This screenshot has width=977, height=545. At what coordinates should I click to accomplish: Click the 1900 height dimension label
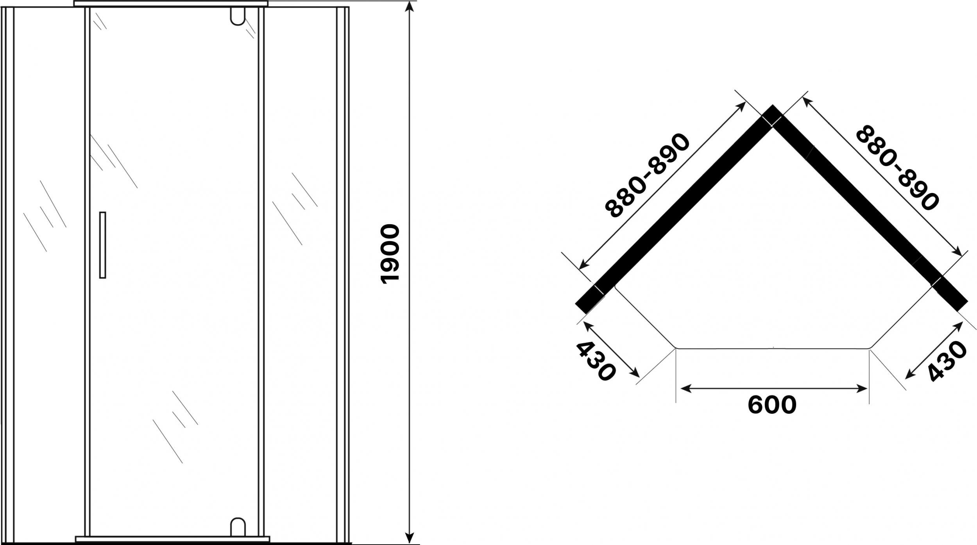(390, 254)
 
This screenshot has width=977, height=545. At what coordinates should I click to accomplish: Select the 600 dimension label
(772, 405)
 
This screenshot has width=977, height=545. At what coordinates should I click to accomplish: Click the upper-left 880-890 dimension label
(647, 175)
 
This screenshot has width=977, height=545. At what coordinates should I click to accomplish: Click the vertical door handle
(103, 245)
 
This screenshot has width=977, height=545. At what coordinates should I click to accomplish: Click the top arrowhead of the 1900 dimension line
(409, 5)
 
